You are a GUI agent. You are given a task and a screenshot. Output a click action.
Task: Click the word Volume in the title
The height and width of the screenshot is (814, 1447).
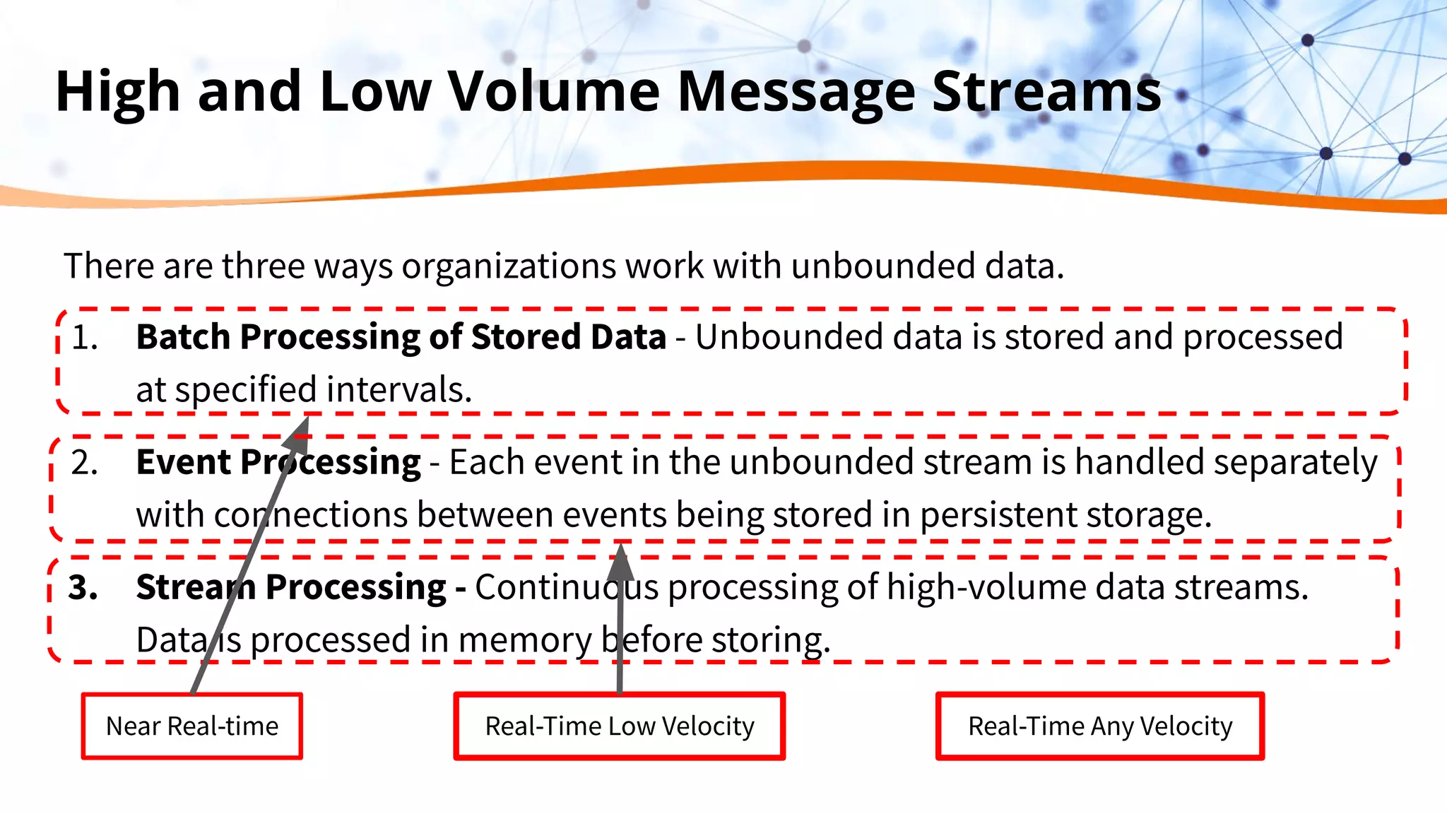click(555, 92)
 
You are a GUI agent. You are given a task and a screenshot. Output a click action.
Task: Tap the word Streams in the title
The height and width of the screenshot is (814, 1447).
click(1046, 92)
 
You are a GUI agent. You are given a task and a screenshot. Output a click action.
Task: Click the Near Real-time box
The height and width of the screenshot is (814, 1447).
click(192, 726)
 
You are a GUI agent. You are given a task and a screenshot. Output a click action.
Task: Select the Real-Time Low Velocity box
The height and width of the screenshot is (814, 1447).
click(620, 726)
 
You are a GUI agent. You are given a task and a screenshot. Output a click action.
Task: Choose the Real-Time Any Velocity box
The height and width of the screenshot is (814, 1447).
click(1100, 726)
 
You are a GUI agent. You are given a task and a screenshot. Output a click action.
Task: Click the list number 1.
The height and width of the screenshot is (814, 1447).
click(84, 338)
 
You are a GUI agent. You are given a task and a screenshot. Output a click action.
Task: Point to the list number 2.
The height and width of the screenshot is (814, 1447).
click(84, 463)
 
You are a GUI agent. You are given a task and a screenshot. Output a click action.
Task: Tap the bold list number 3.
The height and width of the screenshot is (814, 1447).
click(83, 588)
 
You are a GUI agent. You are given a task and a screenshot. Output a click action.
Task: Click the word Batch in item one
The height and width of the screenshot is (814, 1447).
click(183, 337)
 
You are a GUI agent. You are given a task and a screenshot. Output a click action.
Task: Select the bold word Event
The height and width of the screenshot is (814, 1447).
click(184, 462)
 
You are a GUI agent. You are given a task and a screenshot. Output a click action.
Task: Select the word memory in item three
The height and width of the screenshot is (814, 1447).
click(525, 640)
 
